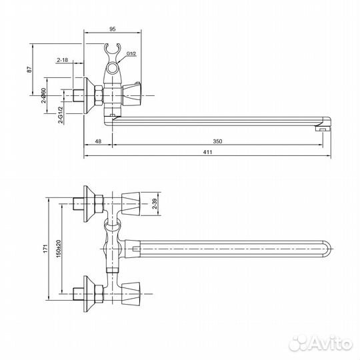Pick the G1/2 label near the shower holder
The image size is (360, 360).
(131, 54)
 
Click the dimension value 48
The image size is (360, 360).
(97, 141)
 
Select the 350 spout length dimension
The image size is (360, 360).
(217, 141)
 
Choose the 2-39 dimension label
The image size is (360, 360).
(154, 206)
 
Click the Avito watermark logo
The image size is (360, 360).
(327, 343)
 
